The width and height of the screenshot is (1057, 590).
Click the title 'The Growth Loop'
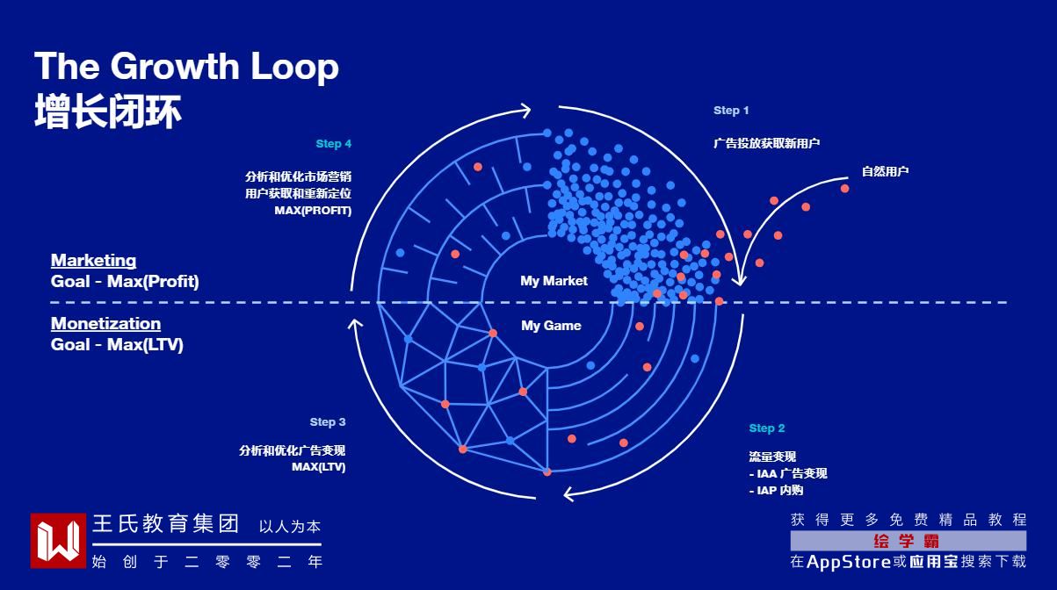tap(186, 68)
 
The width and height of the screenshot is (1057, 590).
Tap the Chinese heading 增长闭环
tap(108, 113)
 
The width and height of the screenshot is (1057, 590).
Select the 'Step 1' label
tap(731, 111)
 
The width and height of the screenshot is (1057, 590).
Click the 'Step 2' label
tap(767, 428)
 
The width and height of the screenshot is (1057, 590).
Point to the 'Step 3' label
tap(328, 422)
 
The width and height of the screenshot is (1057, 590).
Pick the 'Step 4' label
tap(334, 144)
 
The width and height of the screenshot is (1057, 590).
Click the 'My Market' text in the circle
tap(554, 281)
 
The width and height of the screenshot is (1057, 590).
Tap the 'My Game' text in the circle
tap(551, 326)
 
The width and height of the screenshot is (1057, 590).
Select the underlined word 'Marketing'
tap(93, 261)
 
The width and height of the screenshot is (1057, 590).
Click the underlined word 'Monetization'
tap(105, 324)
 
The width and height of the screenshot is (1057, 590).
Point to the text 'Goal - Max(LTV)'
tap(117, 345)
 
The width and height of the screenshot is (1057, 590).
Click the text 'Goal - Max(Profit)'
tap(125, 282)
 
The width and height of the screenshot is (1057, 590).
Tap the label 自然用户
tap(885, 171)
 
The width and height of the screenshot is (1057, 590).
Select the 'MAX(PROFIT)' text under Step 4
tap(313, 211)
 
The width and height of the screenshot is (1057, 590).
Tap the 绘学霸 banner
tap(908, 541)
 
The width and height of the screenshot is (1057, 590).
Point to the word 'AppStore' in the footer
tap(849, 562)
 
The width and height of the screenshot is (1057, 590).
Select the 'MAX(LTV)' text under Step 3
tap(319, 467)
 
